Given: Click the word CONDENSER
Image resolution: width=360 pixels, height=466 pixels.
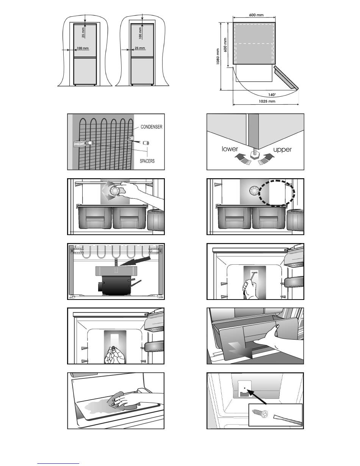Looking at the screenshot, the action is (151, 127).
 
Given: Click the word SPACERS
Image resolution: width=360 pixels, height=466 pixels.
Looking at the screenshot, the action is (147, 161).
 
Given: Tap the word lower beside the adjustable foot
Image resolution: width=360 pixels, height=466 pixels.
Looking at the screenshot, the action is (230, 149).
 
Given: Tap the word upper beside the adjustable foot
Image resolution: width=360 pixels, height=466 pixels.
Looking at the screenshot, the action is (282, 149).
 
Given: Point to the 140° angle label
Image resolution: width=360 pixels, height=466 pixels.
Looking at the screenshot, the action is (272, 94).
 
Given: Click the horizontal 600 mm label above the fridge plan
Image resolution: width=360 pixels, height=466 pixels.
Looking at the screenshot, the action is (257, 15).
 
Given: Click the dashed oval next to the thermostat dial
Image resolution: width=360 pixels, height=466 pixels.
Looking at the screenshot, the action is (275, 192).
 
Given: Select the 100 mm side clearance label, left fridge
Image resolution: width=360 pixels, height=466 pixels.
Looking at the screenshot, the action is (83, 48).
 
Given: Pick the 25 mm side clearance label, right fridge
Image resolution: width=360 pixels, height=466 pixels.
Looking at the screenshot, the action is (140, 48).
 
